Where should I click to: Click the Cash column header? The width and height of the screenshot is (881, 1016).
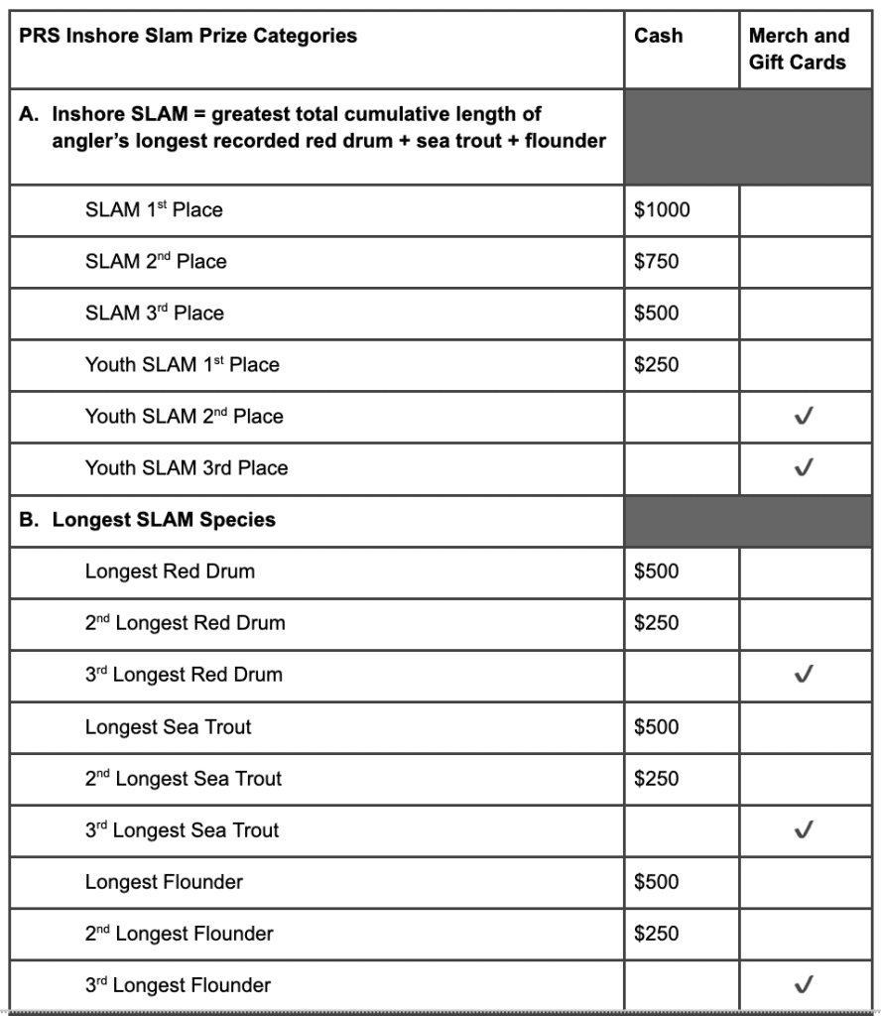[659, 36]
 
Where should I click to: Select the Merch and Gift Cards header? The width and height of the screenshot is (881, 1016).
[799, 49]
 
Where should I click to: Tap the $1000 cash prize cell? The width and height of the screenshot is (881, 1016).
[662, 210]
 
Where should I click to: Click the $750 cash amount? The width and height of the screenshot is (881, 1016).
[657, 262]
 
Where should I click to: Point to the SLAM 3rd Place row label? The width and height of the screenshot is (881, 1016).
[154, 314]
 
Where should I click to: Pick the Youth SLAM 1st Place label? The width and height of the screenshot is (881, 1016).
[182, 365]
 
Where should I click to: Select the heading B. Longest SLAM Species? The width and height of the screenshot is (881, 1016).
[148, 520]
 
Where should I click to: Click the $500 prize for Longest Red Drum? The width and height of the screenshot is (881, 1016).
[657, 571]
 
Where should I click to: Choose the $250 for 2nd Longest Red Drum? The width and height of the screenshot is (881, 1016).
[657, 623]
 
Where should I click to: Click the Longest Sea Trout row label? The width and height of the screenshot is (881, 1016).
[168, 727]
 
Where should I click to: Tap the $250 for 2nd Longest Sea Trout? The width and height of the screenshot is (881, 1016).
[657, 779]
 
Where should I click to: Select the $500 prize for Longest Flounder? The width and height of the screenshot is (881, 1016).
[657, 882]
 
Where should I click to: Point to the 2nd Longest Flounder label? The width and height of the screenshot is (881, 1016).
[179, 934]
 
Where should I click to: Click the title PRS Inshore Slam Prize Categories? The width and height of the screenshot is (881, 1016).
[189, 36]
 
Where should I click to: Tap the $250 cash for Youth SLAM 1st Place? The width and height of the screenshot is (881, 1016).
[657, 365]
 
